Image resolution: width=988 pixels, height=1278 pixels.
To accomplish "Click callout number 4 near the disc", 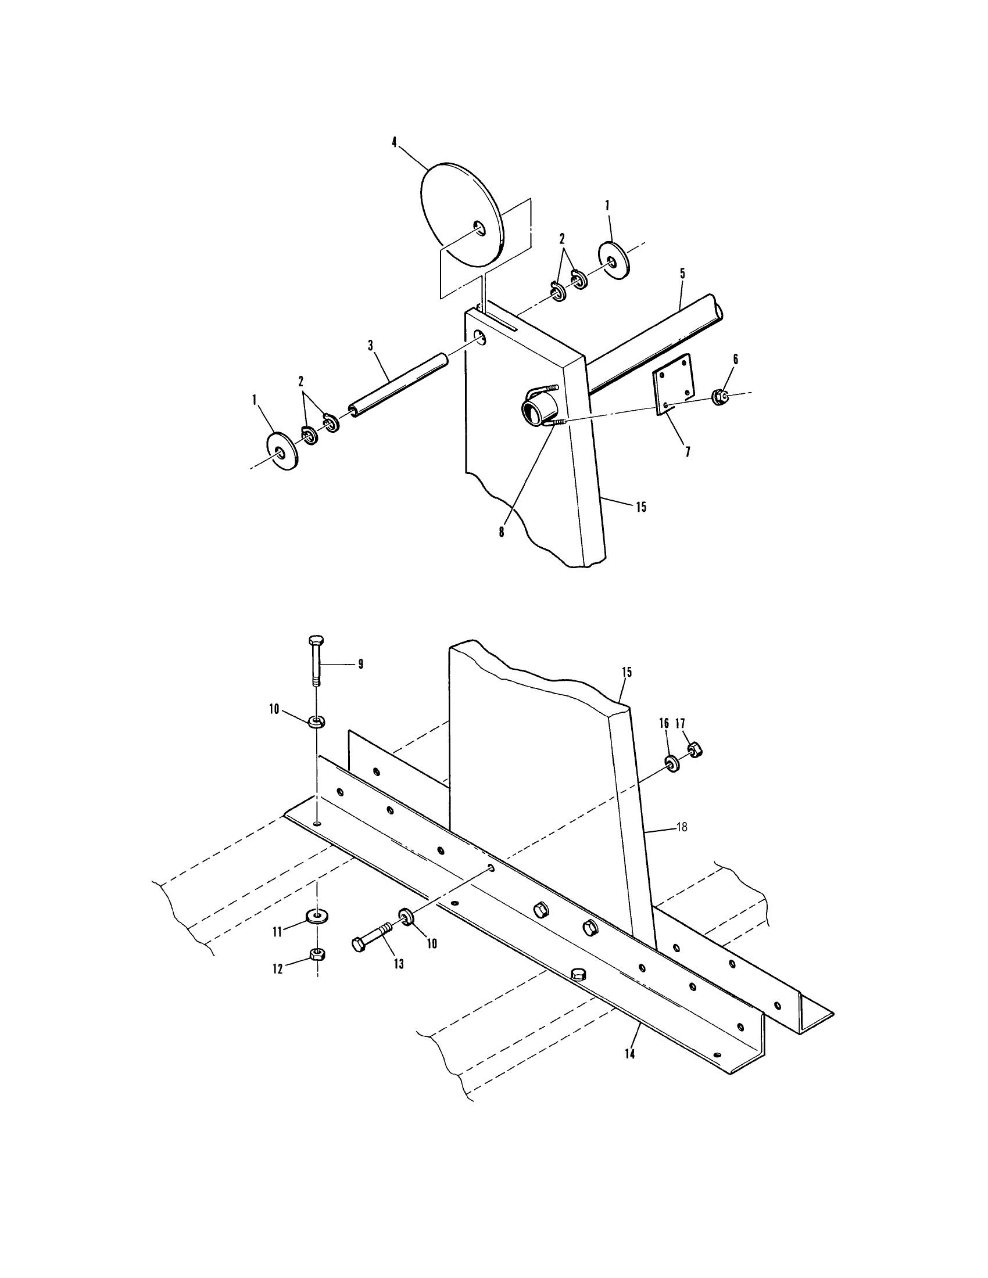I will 394,142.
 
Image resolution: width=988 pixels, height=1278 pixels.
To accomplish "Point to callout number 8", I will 502,533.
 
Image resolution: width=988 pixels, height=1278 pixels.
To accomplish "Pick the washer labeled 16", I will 671,763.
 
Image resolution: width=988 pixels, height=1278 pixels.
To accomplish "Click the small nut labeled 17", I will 694,748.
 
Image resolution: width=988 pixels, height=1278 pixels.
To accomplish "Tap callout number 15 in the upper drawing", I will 641,507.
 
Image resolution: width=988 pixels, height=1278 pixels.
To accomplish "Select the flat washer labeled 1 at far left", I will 282,450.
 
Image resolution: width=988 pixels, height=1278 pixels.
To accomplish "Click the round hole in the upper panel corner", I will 480,337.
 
